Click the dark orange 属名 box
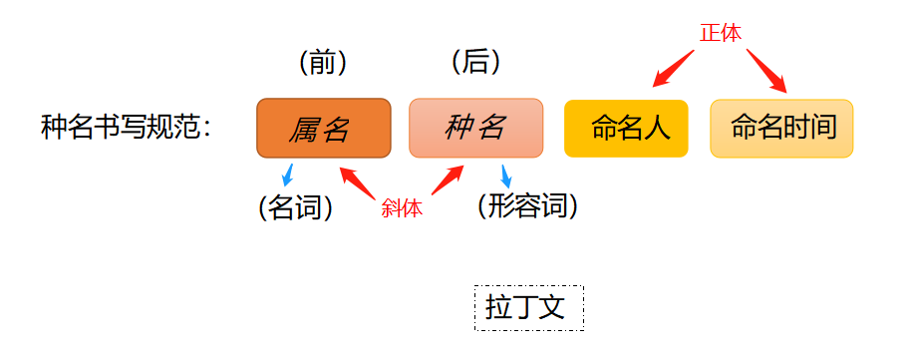click(323, 128)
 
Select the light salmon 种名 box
click(475, 128)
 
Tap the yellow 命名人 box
click(626, 129)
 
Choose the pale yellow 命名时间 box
click(781, 129)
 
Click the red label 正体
click(720, 33)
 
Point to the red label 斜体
click(402, 208)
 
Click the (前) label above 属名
click(322, 63)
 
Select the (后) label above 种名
click(475, 62)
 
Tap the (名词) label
click(295, 207)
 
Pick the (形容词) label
click(527, 206)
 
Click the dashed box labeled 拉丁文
click(528, 307)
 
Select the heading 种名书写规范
click(126, 128)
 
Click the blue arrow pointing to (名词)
click(288, 175)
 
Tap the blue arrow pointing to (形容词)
click(507, 176)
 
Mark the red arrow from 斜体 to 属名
click(356, 182)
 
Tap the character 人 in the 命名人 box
click(655, 129)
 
